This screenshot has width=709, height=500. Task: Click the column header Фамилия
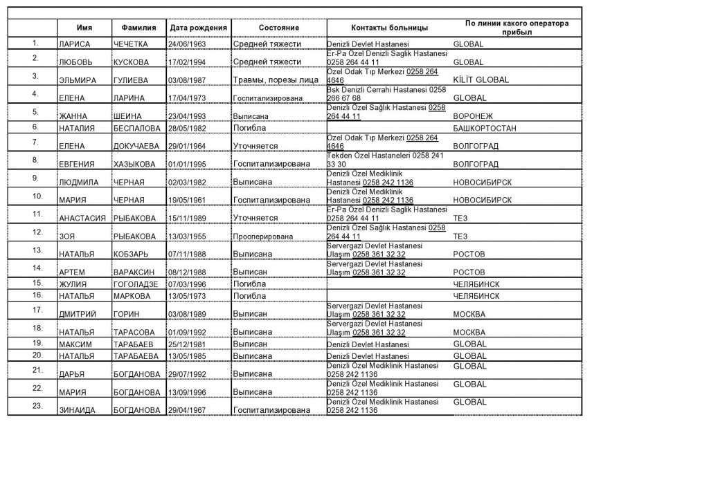(138, 28)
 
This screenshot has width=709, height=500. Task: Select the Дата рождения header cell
(198, 28)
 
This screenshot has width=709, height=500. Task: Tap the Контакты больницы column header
(389, 28)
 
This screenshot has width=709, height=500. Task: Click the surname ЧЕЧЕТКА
(131, 44)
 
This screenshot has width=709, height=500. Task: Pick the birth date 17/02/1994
(188, 62)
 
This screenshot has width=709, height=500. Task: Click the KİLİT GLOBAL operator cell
(481, 80)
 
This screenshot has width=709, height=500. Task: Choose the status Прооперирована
(262, 237)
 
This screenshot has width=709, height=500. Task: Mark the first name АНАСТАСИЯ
(82, 219)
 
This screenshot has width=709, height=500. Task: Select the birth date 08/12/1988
(188, 272)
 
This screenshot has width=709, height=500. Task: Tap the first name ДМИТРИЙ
(77, 314)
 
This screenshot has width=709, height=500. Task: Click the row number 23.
(37, 405)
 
